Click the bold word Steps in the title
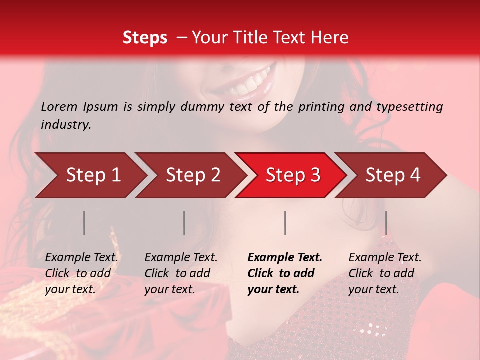(x=145, y=38)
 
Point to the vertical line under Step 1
(x=84, y=223)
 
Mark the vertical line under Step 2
(x=184, y=223)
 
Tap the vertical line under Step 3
(x=285, y=223)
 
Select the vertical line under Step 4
(x=386, y=223)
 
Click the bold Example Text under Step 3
(x=285, y=273)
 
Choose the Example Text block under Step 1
(x=81, y=273)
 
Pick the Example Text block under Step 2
(x=181, y=273)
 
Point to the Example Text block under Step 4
(x=385, y=273)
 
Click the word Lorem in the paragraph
(x=59, y=107)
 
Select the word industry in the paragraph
(x=65, y=125)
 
